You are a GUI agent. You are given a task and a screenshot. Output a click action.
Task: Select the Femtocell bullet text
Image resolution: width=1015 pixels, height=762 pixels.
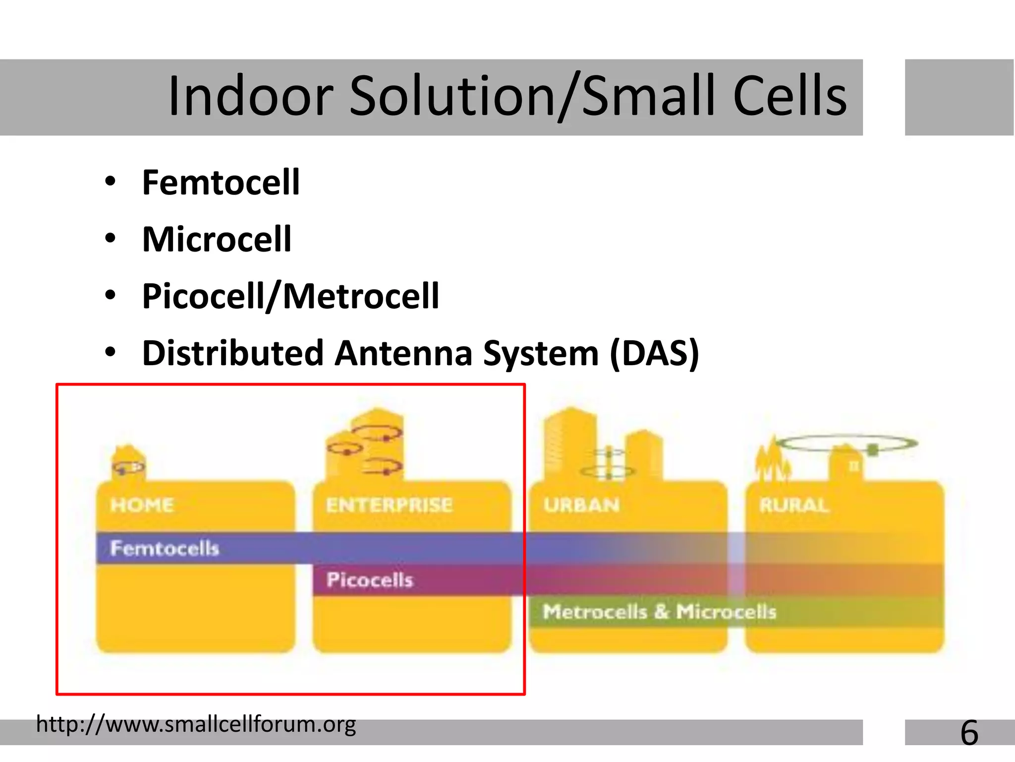coord(221,183)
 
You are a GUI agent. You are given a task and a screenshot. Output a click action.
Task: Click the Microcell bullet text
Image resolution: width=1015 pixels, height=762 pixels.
coord(217,240)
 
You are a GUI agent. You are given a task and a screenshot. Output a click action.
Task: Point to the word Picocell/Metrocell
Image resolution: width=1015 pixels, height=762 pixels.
coord(290,296)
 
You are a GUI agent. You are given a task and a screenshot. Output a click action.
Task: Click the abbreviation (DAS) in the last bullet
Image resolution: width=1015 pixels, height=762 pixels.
coord(654,353)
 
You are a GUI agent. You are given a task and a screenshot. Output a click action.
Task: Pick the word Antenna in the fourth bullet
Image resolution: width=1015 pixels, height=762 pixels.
coord(403,353)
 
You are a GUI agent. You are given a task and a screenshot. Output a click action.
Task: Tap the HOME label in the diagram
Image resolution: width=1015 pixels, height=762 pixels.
coord(142,505)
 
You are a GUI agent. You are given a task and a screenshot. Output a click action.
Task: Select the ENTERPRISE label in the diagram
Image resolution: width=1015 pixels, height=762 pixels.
coord(389,505)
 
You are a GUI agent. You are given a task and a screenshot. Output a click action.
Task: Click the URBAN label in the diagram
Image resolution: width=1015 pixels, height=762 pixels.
coord(581,505)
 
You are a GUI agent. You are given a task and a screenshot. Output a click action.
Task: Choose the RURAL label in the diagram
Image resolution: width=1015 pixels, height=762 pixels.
coord(793,505)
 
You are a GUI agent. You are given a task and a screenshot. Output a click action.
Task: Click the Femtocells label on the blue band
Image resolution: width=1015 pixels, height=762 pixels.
coord(164,548)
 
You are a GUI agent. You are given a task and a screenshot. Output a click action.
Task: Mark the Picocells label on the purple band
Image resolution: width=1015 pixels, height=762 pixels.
coord(369,579)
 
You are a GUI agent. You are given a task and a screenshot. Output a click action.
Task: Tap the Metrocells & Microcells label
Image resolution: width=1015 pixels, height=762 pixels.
coord(659,611)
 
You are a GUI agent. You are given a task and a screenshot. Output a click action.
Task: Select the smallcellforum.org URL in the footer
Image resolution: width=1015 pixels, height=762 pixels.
coord(196,724)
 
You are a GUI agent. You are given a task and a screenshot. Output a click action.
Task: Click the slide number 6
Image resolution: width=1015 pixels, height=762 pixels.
coord(969,733)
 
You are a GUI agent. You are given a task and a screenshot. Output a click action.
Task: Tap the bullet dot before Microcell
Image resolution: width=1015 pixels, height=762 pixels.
coord(110,239)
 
